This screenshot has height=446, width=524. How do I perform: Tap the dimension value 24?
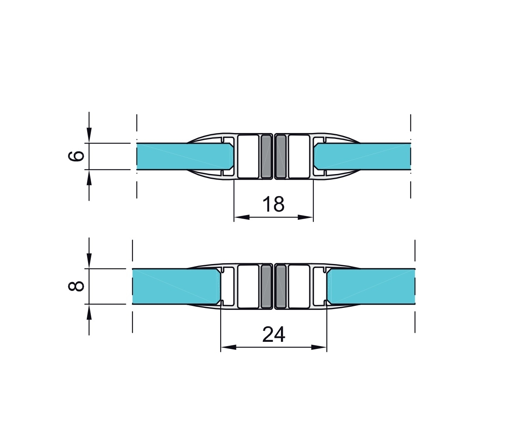(x=273, y=335)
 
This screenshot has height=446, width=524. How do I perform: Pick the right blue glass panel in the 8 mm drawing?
(x=371, y=286)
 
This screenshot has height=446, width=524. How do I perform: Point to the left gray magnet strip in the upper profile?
(x=267, y=156)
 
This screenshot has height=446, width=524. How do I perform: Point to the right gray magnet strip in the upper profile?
(x=281, y=156)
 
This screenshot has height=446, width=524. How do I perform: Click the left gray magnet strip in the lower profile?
(x=267, y=286)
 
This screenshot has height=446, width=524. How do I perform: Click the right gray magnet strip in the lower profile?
(x=281, y=286)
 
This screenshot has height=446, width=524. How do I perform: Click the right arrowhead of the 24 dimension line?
(x=319, y=347)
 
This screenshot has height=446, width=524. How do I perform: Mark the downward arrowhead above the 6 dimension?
(x=89, y=135)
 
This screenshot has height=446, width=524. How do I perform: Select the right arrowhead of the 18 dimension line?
(x=306, y=217)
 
